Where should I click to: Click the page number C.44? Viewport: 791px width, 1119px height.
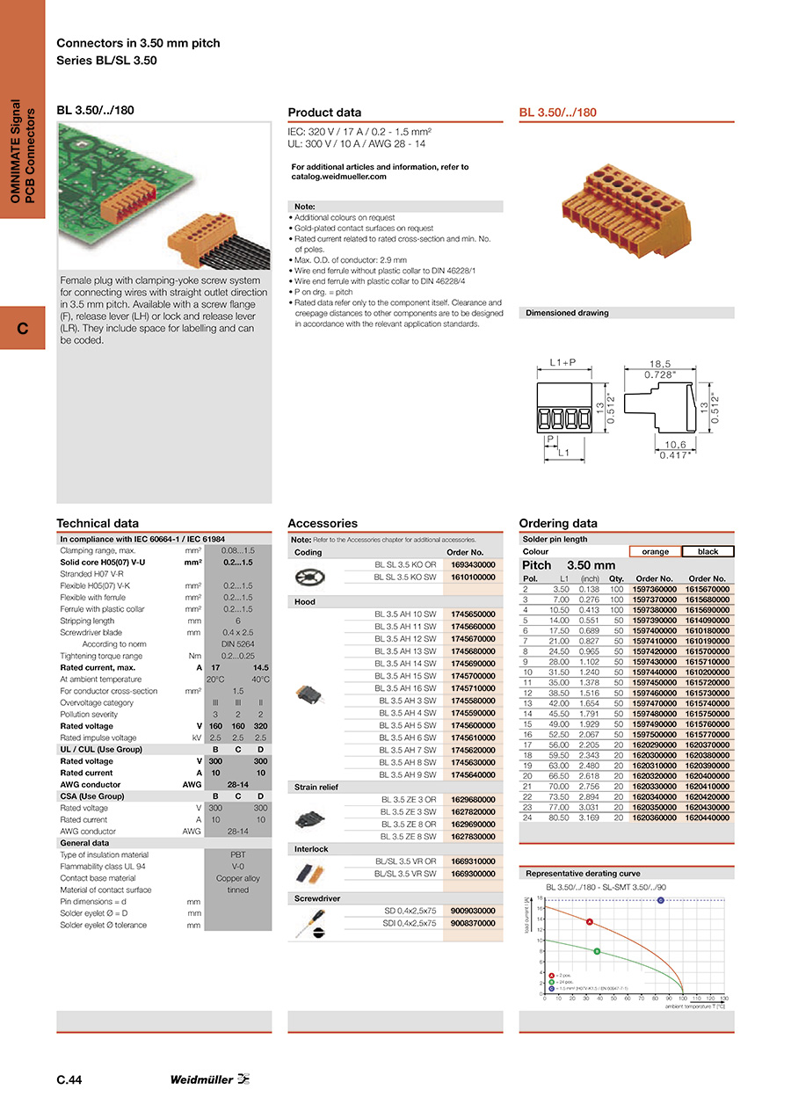tap(69, 1080)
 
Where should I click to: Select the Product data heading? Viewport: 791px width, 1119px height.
tap(324, 113)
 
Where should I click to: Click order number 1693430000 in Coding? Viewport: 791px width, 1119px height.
tap(473, 565)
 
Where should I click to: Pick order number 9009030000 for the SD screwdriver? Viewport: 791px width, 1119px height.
tap(473, 911)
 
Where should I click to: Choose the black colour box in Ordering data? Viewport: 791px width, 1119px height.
tap(708, 552)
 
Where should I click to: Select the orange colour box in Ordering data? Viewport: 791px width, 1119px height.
tap(655, 552)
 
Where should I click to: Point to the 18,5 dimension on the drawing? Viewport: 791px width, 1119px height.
tap(660, 363)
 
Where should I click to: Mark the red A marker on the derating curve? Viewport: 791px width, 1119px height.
tap(590, 922)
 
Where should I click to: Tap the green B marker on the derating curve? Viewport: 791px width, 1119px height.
tap(597, 951)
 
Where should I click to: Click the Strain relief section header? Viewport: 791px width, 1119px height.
tap(316, 788)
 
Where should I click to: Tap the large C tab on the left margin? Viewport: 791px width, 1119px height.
tap(22, 329)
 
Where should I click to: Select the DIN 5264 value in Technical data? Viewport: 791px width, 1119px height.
tap(237, 644)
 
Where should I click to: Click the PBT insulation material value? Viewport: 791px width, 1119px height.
tap(237, 854)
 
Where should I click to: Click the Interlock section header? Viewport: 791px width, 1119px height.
tap(310, 849)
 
